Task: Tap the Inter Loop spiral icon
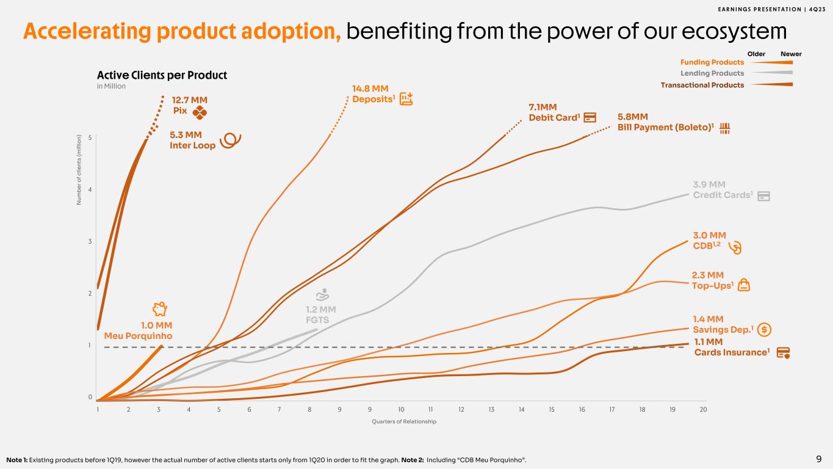pyautogui.click(x=230, y=140)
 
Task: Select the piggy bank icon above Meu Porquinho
pyautogui.click(x=160, y=309)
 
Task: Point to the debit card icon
pyautogui.click(x=590, y=117)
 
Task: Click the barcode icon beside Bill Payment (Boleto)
pyautogui.click(x=726, y=128)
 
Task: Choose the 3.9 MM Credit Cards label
pyautogui.click(x=723, y=190)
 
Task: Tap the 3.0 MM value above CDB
pyautogui.click(x=709, y=235)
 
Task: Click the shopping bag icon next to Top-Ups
pyautogui.click(x=744, y=285)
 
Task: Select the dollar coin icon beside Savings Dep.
pyautogui.click(x=766, y=330)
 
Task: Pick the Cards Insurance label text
pyautogui.click(x=732, y=352)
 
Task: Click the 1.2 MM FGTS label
pyautogui.click(x=320, y=314)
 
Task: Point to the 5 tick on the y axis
pyautogui.click(x=90, y=138)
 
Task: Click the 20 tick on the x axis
pyautogui.click(x=703, y=409)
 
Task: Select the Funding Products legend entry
pyautogui.click(x=712, y=62)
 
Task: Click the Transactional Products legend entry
pyautogui.click(x=702, y=85)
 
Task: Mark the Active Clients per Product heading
pyautogui.click(x=162, y=75)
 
